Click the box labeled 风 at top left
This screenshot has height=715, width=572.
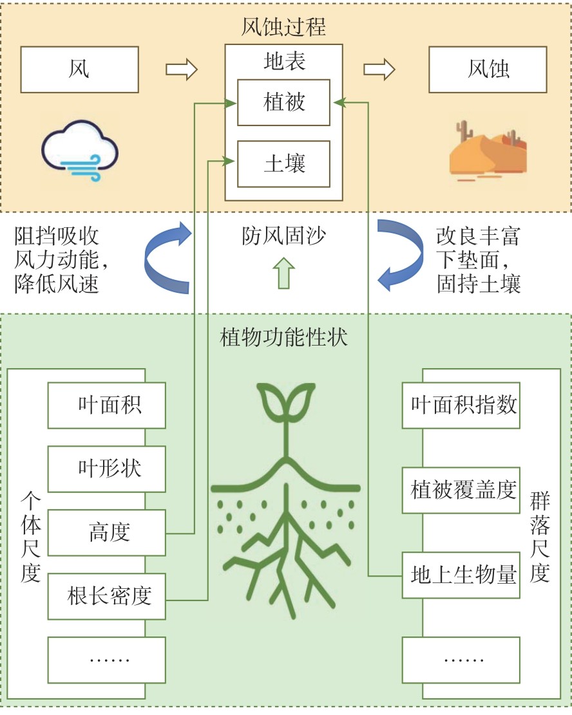pyautogui.click(x=79, y=70)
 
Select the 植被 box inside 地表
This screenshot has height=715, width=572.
pyautogui.click(x=283, y=102)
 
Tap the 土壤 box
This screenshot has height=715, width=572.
pyautogui.click(x=283, y=163)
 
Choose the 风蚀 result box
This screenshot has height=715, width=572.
pyautogui.click(x=488, y=70)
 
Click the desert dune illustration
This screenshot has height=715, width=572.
pyautogui.click(x=488, y=151)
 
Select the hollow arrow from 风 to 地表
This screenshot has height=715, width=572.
pyautogui.click(x=181, y=70)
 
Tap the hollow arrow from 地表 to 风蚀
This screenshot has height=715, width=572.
pyautogui.click(x=379, y=70)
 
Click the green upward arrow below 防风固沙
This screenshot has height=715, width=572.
pyautogui.click(x=283, y=273)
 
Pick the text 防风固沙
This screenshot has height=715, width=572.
pyautogui.click(x=283, y=236)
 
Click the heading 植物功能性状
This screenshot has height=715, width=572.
pyautogui.click(x=283, y=337)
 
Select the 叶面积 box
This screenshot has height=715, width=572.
pyautogui.click(x=107, y=405)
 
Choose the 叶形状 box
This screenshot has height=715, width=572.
pyautogui.click(x=107, y=469)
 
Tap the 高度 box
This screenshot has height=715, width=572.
pyautogui.click(x=107, y=533)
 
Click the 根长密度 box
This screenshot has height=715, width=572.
pyautogui.click(x=107, y=597)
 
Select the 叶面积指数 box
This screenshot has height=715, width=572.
pyautogui.click(x=461, y=405)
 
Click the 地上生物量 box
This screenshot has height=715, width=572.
pyautogui.click(x=461, y=575)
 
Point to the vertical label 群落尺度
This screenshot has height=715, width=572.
pyautogui.click(x=540, y=537)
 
